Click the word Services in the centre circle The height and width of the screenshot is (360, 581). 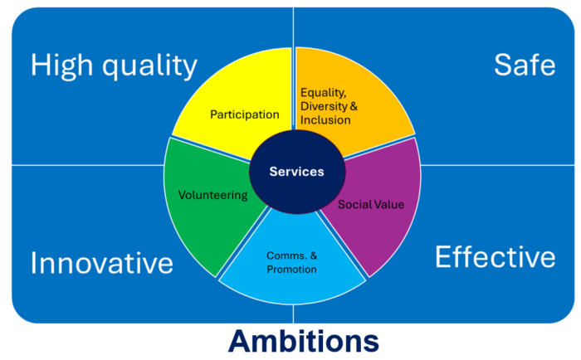pyautogui.click(x=296, y=172)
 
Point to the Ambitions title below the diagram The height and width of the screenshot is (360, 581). pyautogui.click(x=304, y=341)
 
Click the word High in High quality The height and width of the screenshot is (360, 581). pyautogui.click(x=61, y=66)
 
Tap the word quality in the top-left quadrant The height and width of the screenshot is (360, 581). pyautogui.click(x=149, y=66)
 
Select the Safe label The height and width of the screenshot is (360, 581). pyautogui.click(x=525, y=65)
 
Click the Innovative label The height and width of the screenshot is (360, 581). pyautogui.click(x=102, y=263)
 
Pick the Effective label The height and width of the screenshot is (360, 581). pyautogui.click(x=495, y=256)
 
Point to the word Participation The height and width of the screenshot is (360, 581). pyautogui.click(x=245, y=114)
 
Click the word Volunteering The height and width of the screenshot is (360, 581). pyautogui.click(x=212, y=195)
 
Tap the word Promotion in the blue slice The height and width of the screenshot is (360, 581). pyautogui.click(x=291, y=270)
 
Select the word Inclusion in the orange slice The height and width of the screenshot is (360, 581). pyautogui.click(x=325, y=120)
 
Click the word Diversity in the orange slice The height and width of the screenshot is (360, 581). pyautogui.click(x=324, y=106)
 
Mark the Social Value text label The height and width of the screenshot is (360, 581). pyautogui.click(x=371, y=204)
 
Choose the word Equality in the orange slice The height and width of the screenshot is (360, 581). pyautogui.click(x=323, y=93)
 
